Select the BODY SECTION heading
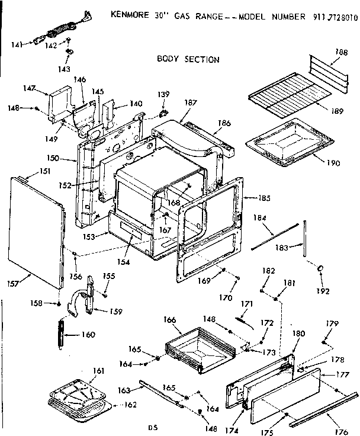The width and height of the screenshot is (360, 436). tap(188, 59)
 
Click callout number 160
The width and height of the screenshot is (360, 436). tap(87, 335)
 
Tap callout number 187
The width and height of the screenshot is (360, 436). tap(190, 103)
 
